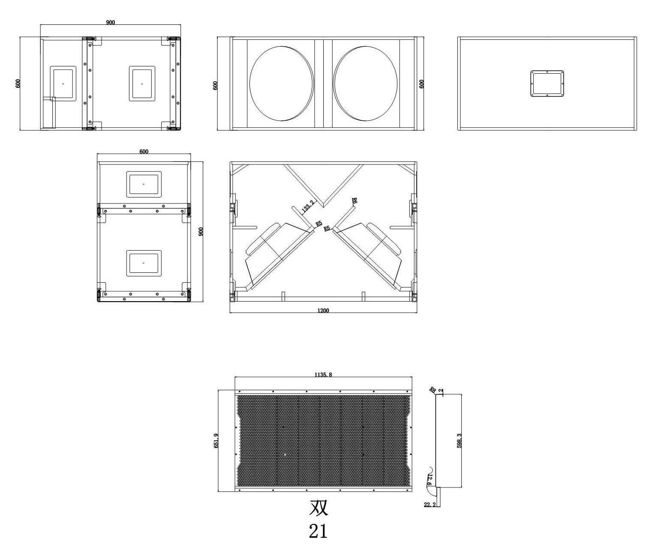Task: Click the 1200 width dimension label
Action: tap(323, 311)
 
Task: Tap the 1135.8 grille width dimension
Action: tap(323, 375)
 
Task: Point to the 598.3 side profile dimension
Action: tap(459, 441)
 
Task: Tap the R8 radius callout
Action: tap(433, 390)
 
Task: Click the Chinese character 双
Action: tap(318, 507)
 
